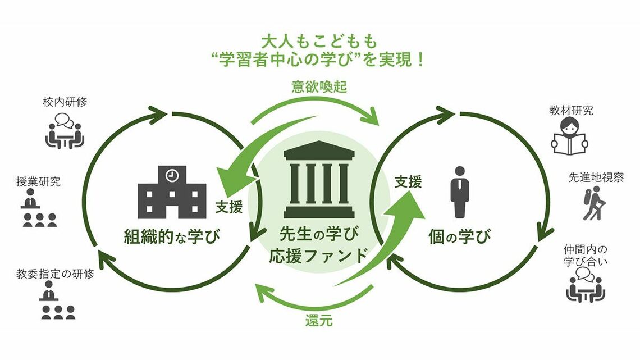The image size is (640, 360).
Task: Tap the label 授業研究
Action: (x=39, y=181)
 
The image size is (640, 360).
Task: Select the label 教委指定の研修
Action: (x=55, y=275)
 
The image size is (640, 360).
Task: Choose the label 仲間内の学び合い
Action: (x=586, y=254)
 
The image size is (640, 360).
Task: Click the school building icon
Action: (x=168, y=192)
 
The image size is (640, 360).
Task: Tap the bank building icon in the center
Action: (x=319, y=180)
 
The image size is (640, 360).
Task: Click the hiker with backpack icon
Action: (x=591, y=203)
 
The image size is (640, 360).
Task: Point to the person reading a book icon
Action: (x=571, y=135)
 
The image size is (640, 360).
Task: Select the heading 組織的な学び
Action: (x=171, y=237)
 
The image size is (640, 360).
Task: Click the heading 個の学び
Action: (x=459, y=237)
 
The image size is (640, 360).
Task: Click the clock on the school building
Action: (x=172, y=175)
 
